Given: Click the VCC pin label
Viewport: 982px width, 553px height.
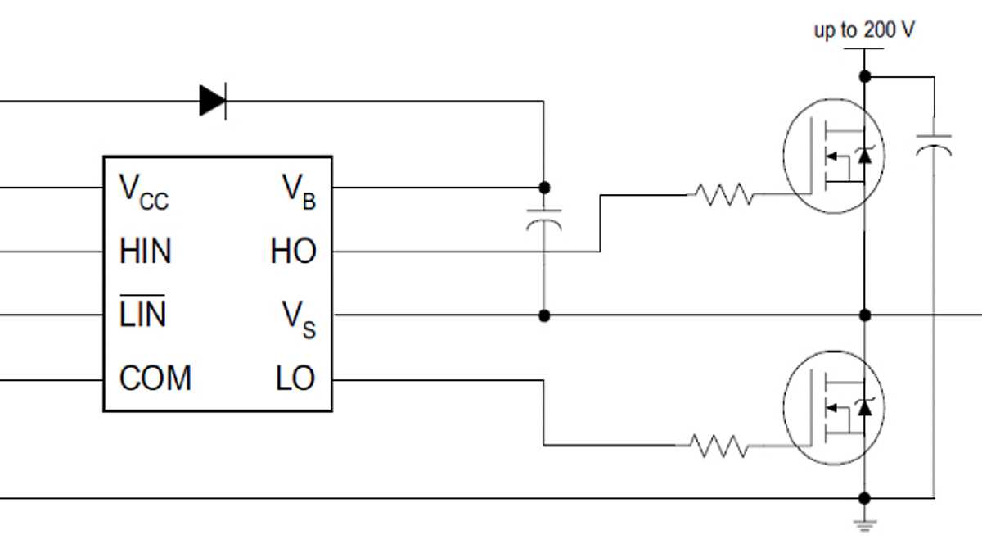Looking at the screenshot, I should coord(144,192).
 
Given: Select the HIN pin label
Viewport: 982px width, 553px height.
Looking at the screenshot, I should coord(146,252).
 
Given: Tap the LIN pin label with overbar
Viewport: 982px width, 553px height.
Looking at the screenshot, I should coord(142,314).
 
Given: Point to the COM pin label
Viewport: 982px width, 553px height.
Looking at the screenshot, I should coord(155,379).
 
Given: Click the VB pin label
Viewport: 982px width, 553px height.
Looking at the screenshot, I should coord(299,192).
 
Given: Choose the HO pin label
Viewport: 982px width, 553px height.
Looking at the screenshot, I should coord(293,252).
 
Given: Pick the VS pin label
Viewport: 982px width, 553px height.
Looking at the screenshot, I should coord(299,318).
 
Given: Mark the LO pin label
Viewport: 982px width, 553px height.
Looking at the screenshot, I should coord(295,379).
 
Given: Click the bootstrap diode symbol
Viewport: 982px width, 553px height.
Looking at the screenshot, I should coord(213,101).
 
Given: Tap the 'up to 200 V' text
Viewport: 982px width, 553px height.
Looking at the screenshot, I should coord(863,31).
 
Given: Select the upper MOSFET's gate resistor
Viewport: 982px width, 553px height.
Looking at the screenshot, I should coord(723,195).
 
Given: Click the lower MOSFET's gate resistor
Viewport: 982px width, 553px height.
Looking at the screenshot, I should coord(718,446).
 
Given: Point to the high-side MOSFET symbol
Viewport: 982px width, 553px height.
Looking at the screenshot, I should coord(835,156).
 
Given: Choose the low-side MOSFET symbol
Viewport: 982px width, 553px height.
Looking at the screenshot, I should coord(835,408).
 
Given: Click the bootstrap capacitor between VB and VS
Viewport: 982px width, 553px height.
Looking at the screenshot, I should coord(544,221).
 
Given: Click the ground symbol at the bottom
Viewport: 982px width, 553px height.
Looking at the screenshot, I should coord(865,524).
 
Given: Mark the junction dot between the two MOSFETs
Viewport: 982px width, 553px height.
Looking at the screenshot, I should coord(865,315).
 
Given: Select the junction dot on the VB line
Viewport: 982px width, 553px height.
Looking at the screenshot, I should coord(544,188).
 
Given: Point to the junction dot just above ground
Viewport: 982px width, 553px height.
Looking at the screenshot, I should coord(865,498).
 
